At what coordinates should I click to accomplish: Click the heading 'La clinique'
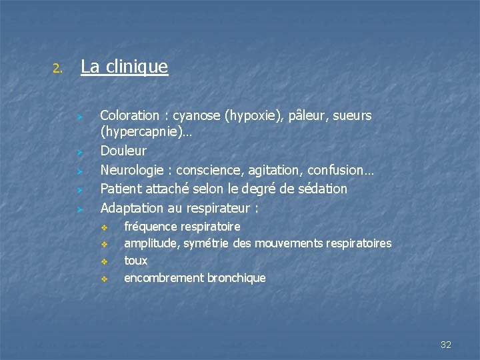click(x=124, y=67)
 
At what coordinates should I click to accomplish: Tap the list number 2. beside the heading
click(x=58, y=68)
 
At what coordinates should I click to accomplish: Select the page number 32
click(x=446, y=345)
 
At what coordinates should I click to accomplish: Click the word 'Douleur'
click(x=123, y=151)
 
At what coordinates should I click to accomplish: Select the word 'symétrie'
click(x=207, y=243)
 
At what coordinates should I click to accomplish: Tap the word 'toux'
click(x=136, y=261)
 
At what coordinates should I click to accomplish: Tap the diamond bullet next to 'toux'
click(x=104, y=261)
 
